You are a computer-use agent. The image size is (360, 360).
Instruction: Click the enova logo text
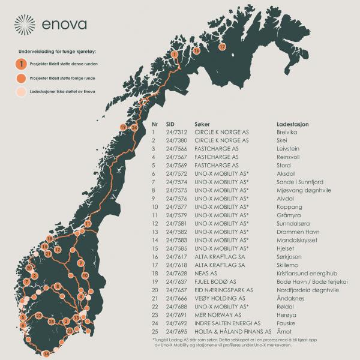pos(65,25)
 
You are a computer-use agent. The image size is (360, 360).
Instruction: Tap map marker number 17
pos(222,46)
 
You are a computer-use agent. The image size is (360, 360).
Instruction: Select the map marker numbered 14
pos(46,353)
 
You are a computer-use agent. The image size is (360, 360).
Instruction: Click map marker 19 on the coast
pos(123,127)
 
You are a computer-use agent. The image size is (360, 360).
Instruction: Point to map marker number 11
pos(88,224)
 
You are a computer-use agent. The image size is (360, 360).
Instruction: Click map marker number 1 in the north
pos(174,54)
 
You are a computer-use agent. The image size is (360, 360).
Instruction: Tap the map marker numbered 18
pos(49,239)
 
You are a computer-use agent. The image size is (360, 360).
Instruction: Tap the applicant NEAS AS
pos(207,273)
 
